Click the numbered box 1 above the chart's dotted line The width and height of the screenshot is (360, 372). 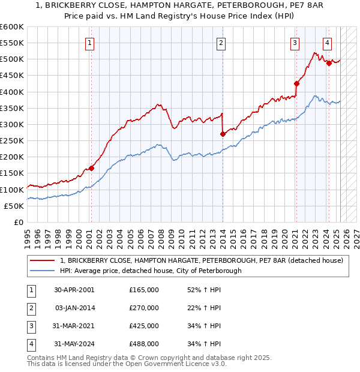(89, 43)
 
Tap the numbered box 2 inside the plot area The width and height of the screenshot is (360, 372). (221, 43)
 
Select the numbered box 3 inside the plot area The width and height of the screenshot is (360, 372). (295, 43)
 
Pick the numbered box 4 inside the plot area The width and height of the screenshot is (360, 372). (327, 43)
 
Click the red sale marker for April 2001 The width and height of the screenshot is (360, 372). (92, 168)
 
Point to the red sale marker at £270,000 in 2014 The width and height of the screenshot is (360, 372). (223, 134)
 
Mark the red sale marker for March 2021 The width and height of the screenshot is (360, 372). (296, 83)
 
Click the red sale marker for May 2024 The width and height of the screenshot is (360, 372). (329, 63)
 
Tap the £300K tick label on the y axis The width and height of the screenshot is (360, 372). (12, 124)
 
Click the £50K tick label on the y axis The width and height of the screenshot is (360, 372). (14, 206)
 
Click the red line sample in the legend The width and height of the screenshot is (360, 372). (43, 260)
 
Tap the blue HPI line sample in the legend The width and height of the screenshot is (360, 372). (43, 271)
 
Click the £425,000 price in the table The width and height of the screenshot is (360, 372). (144, 326)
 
